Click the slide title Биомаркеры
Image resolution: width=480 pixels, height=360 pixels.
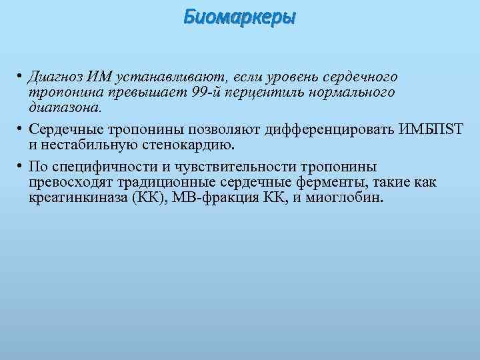click(239, 17)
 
